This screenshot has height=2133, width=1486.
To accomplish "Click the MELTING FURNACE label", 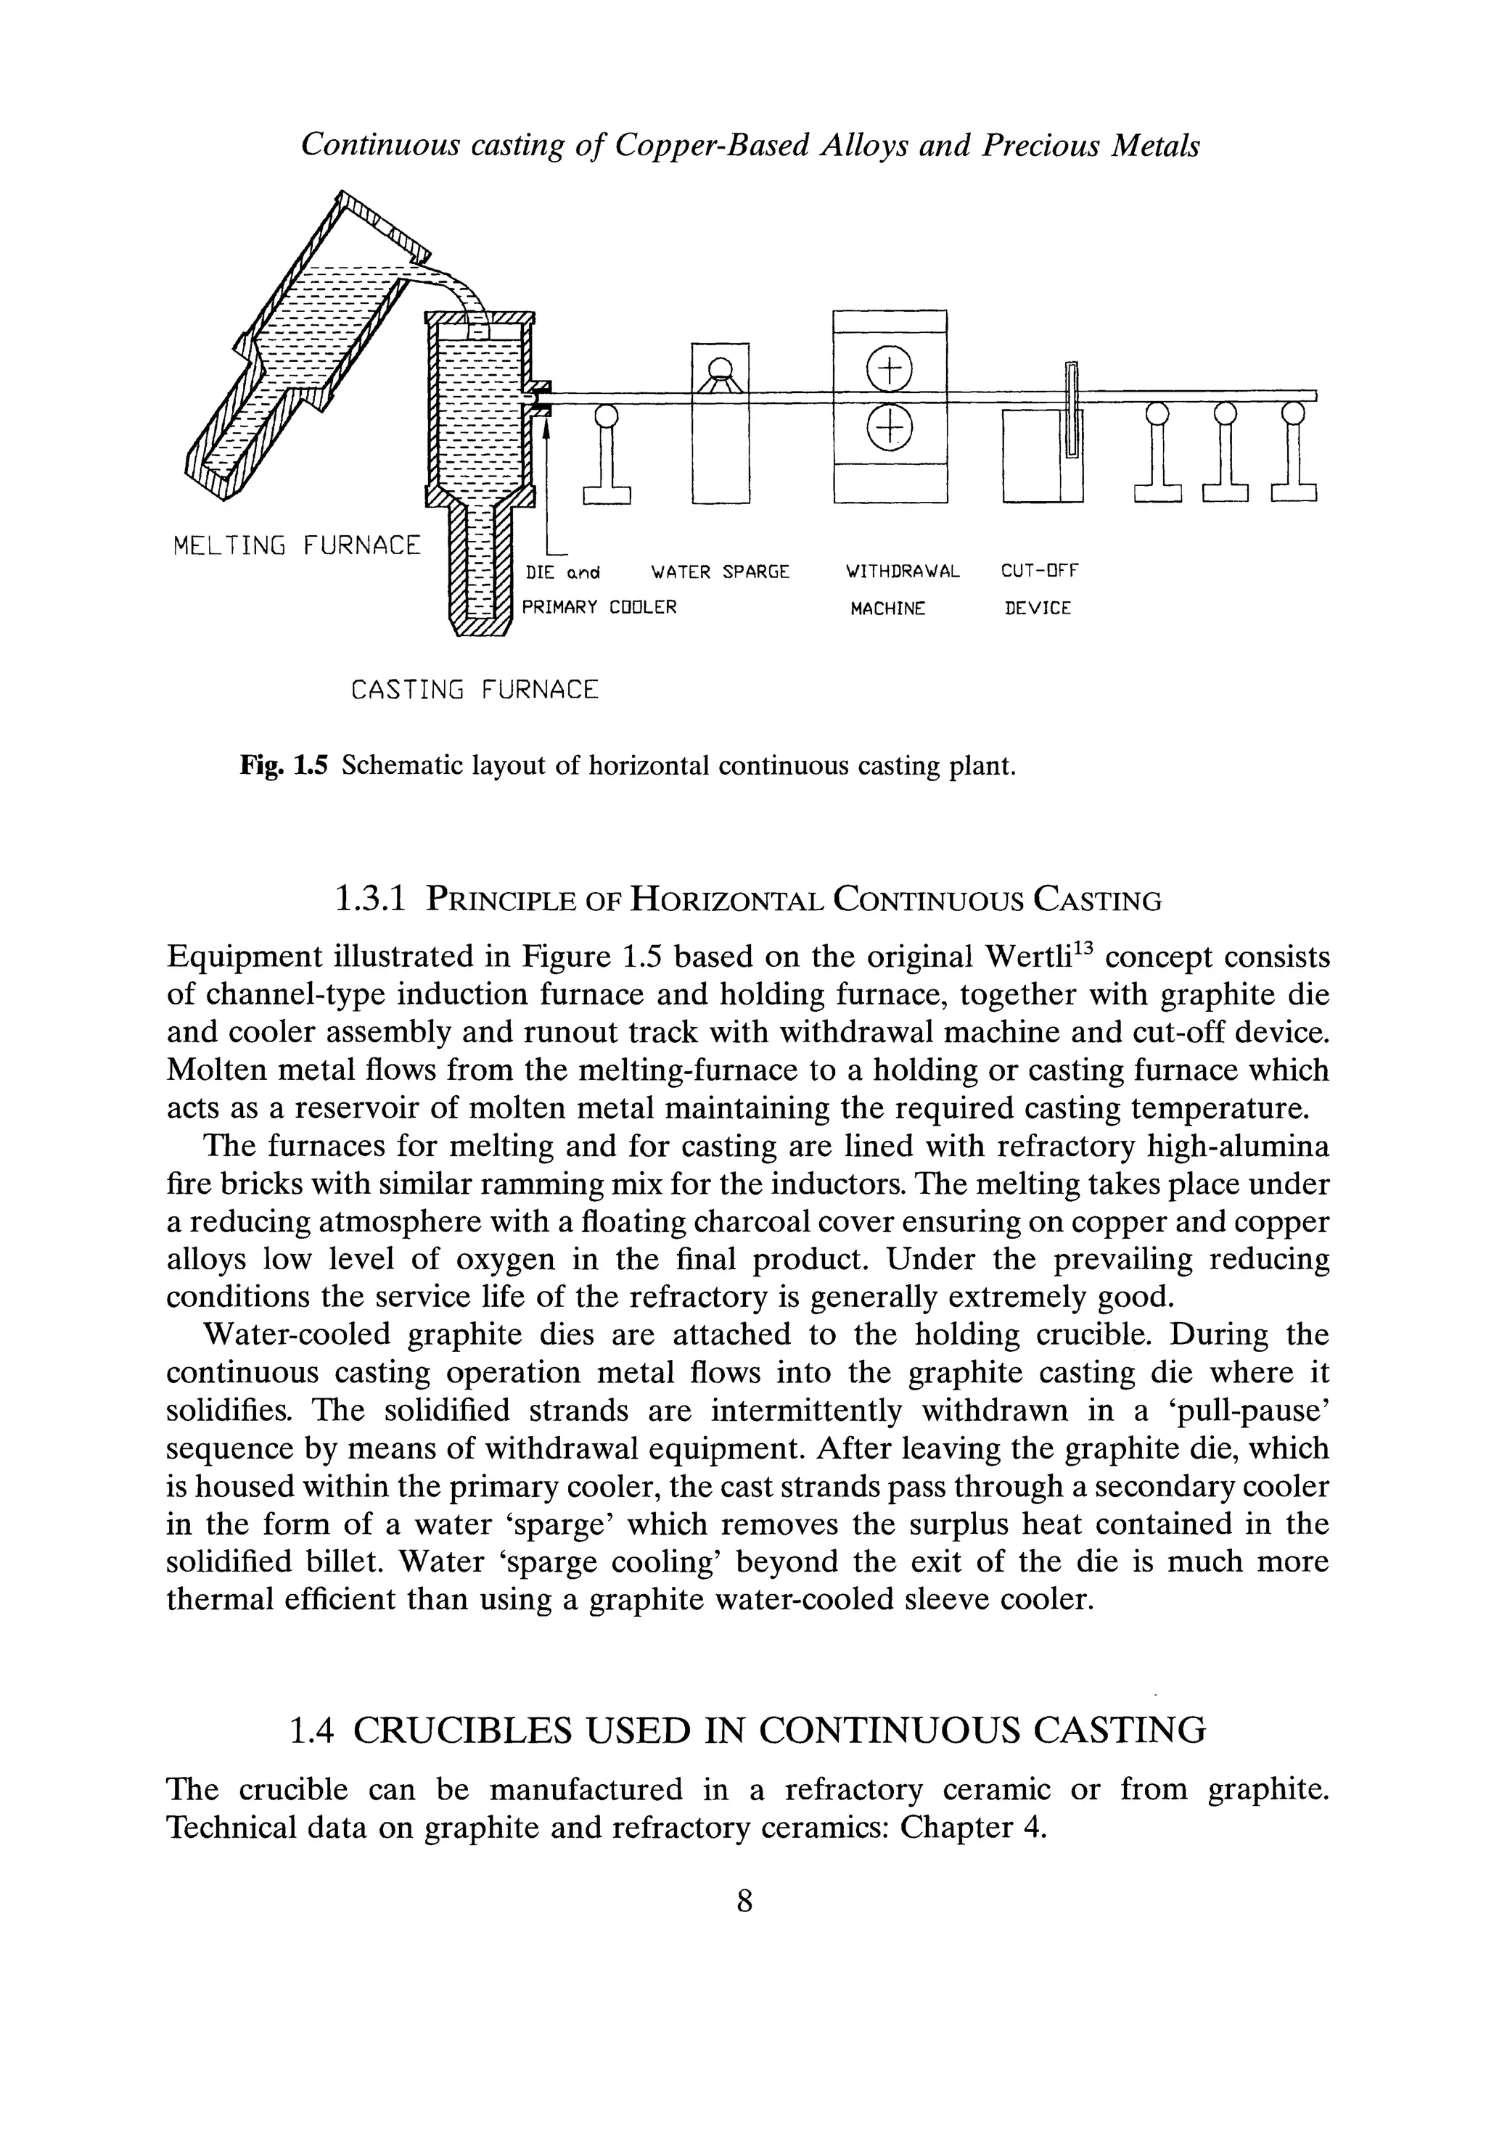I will (x=297, y=545).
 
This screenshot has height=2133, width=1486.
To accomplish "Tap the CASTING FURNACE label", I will (x=474, y=690).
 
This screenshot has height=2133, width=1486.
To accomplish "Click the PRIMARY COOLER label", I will (x=599, y=608).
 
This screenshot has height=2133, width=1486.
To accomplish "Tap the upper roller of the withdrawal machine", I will (x=888, y=370).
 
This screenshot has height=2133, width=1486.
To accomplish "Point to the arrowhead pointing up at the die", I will (x=547, y=427).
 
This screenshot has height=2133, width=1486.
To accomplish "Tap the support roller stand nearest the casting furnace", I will (x=606, y=455).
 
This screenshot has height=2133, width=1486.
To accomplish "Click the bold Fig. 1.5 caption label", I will (x=284, y=767).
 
